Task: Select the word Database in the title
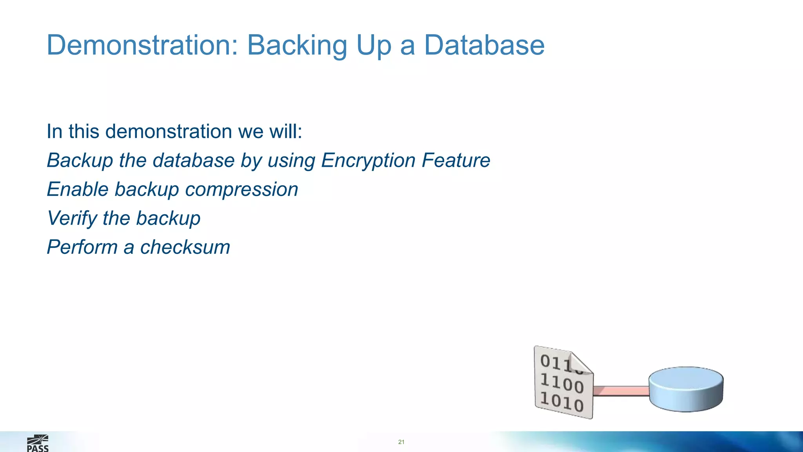tap(484, 45)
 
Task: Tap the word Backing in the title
tap(297, 45)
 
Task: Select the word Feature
tap(456, 160)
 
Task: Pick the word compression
tap(242, 190)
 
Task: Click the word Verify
tap(72, 219)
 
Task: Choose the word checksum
tap(185, 247)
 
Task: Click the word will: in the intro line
tap(285, 131)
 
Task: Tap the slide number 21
tap(401, 442)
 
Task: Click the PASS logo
tap(38, 444)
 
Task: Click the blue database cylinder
tap(686, 389)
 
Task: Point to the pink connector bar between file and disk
tap(621, 391)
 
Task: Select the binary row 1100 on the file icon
tap(562, 383)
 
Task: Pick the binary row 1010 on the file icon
tap(562, 402)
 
